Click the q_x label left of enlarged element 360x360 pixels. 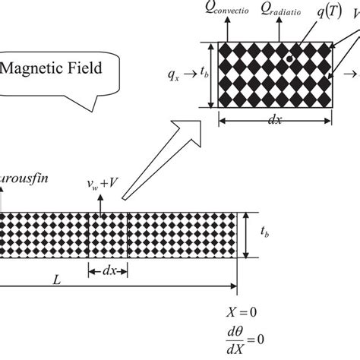click(x=175, y=74)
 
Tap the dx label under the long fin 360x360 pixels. click(x=109, y=270)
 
